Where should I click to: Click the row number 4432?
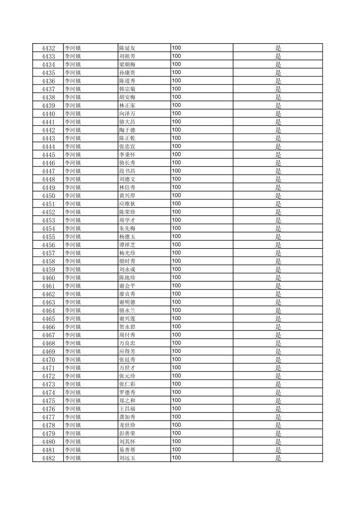click(48, 48)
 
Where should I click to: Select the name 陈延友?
click(127, 48)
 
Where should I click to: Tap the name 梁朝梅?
click(127, 65)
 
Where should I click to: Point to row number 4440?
click(48, 114)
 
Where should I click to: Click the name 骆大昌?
click(127, 122)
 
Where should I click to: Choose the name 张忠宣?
click(127, 147)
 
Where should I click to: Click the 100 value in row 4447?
click(176, 171)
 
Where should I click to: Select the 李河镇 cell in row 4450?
click(73, 196)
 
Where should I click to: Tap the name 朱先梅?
click(127, 229)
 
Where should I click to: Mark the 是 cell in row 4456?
click(278, 245)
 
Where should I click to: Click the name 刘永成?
click(127, 270)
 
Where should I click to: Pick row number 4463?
click(48, 302)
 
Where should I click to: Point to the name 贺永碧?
click(127, 327)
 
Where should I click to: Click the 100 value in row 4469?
click(176, 351)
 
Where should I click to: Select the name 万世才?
click(127, 368)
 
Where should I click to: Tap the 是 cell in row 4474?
click(278, 392)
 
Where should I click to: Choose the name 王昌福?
click(127, 409)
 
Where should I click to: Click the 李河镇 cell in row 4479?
click(73, 434)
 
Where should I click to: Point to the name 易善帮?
click(127, 450)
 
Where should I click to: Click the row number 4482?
click(48, 458)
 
